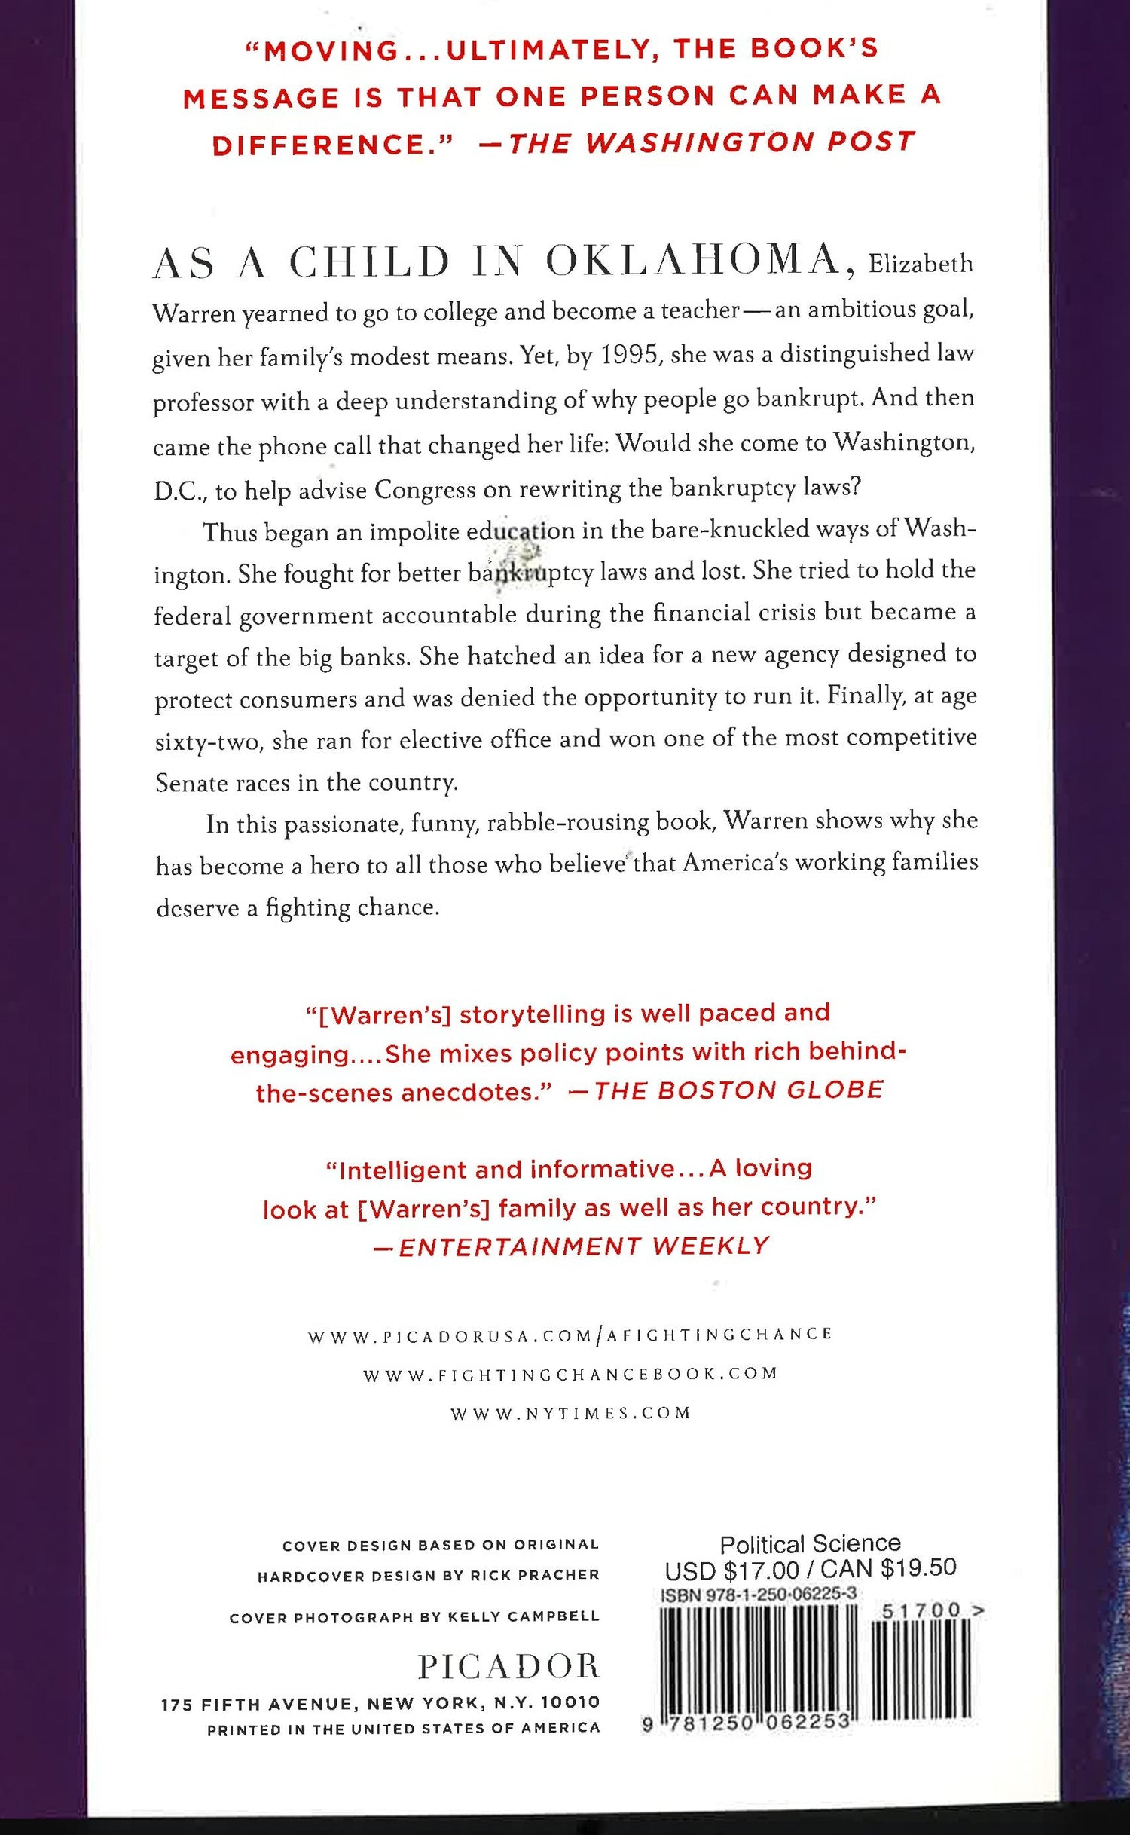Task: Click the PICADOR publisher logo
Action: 509,1666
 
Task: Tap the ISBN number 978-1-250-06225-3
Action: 758,1595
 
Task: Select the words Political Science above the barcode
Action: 810,1544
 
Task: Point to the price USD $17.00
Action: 731,1570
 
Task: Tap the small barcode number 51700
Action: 921,1610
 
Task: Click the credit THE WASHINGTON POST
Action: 712,142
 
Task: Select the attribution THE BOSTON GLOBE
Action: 738,1090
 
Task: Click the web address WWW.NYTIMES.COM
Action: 570,1413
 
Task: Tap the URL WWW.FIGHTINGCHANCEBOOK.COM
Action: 570,1375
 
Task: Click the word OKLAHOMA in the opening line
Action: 693,261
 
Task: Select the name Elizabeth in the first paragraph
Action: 921,264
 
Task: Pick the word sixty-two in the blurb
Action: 209,742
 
